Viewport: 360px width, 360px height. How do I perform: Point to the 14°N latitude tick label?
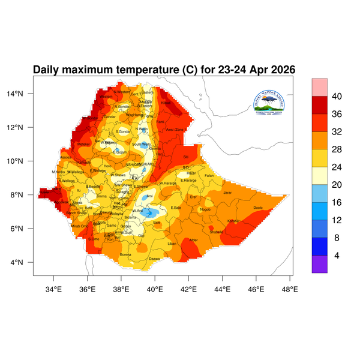(23, 94)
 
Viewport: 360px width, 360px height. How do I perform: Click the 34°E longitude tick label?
(54, 289)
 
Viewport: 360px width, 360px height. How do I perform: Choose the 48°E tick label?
(290, 289)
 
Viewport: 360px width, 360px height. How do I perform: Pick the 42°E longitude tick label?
(189, 289)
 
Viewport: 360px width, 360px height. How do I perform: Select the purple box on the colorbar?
(319, 265)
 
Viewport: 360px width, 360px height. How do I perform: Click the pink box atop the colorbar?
(319, 87)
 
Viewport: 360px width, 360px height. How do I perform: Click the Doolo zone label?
(259, 208)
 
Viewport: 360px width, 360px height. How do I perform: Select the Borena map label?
(125, 254)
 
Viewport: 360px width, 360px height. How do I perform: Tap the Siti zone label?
(185, 157)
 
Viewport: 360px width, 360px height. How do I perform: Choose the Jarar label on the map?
(227, 193)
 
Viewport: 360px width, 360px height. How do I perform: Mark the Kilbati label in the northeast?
(166, 103)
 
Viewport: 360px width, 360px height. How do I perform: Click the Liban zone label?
(172, 244)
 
